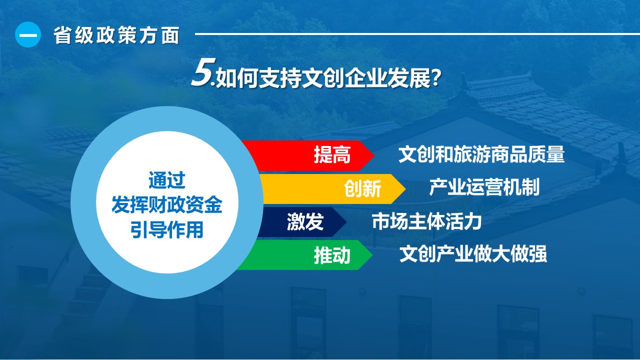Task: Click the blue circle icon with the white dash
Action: pyautogui.click(x=28, y=34)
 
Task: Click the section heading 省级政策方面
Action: pyautogui.click(x=116, y=35)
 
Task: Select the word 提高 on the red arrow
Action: pyautogui.click(x=332, y=155)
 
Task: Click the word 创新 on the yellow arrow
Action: pyautogui.click(x=362, y=188)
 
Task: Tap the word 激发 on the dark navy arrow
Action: pyautogui.click(x=305, y=221)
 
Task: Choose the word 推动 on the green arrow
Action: pyautogui.click(x=332, y=255)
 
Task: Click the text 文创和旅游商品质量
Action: pyautogui.click(x=481, y=154)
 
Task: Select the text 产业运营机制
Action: pyautogui.click(x=484, y=187)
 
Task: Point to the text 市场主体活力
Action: pyautogui.click(x=426, y=221)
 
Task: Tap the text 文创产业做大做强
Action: pyautogui.click(x=473, y=253)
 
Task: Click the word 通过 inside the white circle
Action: pyautogui.click(x=167, y=180)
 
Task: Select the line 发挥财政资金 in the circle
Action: pyautogui.click(x=167, y=205)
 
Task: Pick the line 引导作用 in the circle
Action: pyautogui.click(x=167, y=229)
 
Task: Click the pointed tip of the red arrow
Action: pyautogui.click(x=373, y=155)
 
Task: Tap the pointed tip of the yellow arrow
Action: pyautogui.click(x=405, y=189)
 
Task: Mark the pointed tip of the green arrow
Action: pyautogui.click(x=372, y=255)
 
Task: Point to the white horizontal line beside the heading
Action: pyautogui.click(x=417, y=34)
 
